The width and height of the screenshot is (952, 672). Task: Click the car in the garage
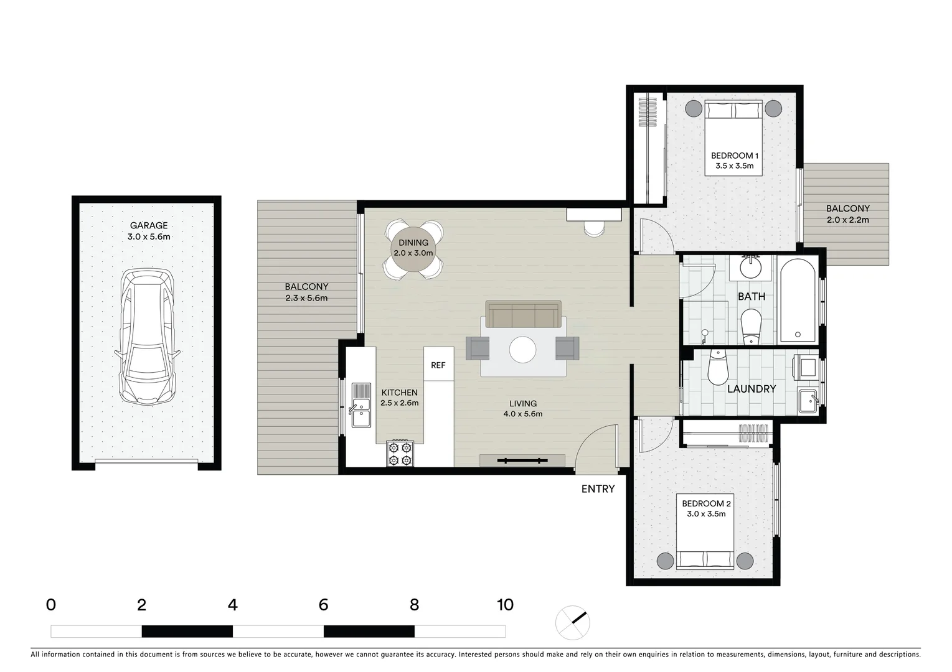pyautogui.click(x=147, y=337)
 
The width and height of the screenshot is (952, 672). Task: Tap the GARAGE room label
pyautogui.click(x=148, y=226)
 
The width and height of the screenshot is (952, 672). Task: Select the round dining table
pyautogui.click(x=413, y=250)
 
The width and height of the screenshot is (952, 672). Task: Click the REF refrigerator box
pyautogui.click(x=438, y=365)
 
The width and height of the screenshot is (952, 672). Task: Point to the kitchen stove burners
pyautogui.click(x=400, y=453)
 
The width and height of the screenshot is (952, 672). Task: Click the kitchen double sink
pyautogui.click(x=361, y=404)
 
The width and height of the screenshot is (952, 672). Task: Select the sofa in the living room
pyautogui.click(x=523, y=315)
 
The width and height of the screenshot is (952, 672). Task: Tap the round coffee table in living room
pyautogui.click(x=522, y=350)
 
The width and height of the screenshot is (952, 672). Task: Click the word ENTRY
pyautogui.click(x=598, y=489)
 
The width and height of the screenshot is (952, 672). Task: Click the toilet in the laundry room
pyautogui.click(x=718, y=369)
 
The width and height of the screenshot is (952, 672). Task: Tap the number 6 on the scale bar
pyautogui.click(x=323, y=605)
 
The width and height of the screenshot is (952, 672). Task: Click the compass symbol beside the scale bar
pyautogui.click(x=572, y=622)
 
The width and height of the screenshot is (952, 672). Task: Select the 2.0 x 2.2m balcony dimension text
pyautogui.click(x=847, y=220)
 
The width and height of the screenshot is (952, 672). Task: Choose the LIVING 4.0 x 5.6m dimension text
pyautogui.click(x=522, y=414)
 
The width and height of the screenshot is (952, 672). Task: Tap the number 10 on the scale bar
pyautogui.click(x=505, y=605)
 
